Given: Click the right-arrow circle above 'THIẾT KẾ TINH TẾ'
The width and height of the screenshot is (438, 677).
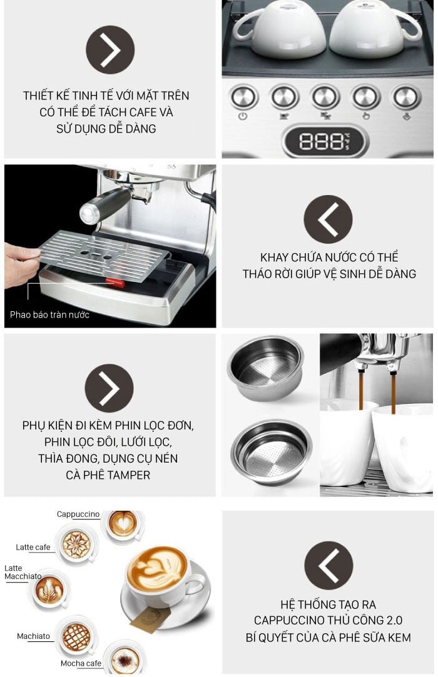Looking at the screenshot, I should (x=110, y=50).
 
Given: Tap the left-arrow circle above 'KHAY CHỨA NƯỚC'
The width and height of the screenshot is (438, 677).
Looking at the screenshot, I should (x=328, y=219).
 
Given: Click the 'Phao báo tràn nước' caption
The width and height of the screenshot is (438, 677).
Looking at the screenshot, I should (x=49, y=314).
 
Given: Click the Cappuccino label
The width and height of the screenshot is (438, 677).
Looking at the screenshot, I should (x=78, y=514).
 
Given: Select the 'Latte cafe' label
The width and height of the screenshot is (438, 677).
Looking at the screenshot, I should (x=33, y=548).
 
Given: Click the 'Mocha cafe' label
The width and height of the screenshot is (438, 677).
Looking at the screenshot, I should (x=81, y=663).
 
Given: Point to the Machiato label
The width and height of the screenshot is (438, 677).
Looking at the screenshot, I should (x=34, y=636).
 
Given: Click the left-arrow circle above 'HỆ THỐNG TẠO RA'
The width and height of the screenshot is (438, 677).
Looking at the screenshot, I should (x=328, y=565).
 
